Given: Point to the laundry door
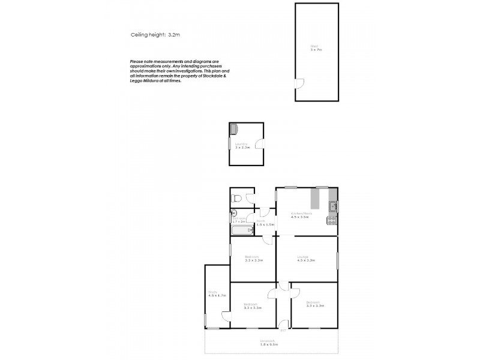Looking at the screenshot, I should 259,144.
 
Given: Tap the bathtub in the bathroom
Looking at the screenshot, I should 238,230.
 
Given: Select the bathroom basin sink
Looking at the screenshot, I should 235,213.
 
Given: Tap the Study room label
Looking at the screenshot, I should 213,293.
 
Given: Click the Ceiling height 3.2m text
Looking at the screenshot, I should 155,35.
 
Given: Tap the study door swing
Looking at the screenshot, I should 226,316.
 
